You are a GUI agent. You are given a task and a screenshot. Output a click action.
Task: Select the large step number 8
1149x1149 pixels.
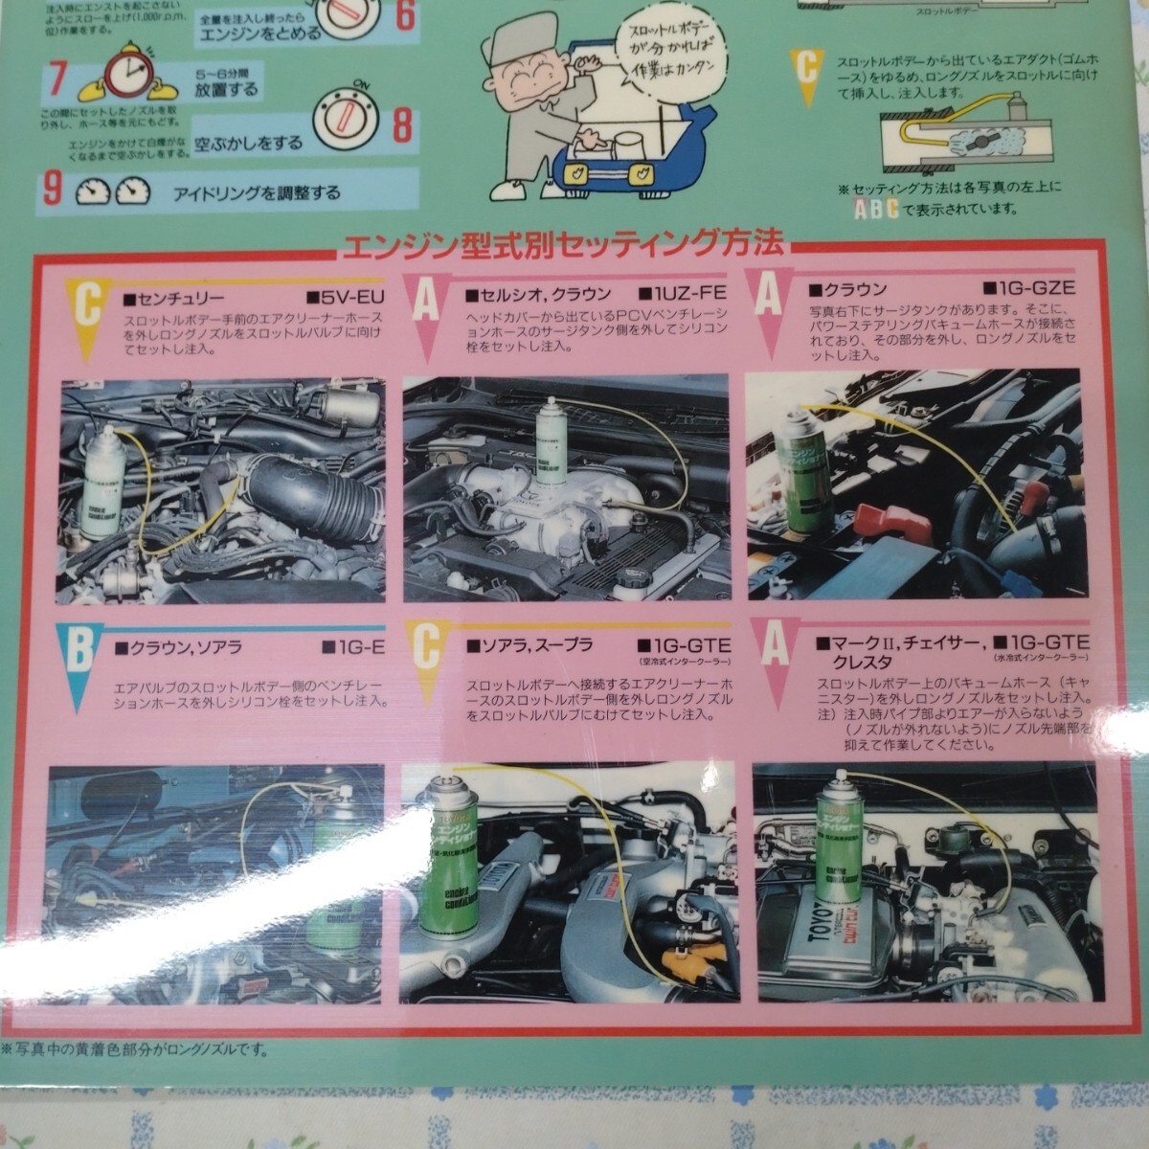403,124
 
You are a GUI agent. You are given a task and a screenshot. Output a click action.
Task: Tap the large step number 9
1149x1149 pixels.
53,190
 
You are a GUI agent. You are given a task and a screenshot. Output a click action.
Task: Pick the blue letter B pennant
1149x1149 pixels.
79,660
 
